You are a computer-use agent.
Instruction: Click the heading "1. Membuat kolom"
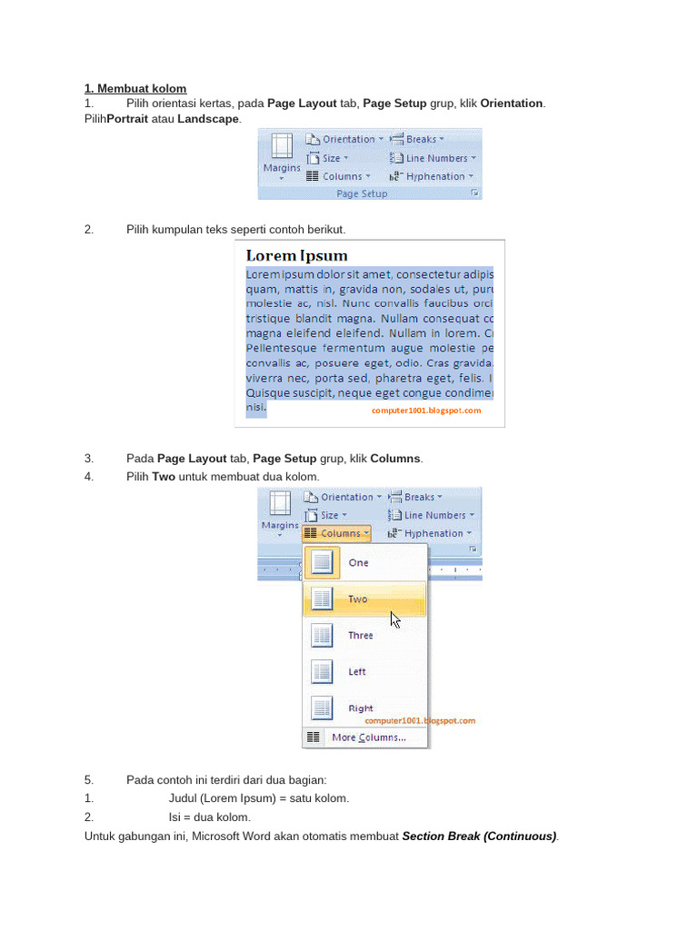[x=135, y=88]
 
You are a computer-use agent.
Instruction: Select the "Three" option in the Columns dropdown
[x=360, y=636]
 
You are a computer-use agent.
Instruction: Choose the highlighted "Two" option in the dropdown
[x=357, y=599]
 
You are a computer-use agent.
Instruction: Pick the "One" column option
[x=358, y=563]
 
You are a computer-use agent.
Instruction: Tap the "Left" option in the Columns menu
[x=357, y=672]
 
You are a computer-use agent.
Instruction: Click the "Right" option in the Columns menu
[x=360, y=708]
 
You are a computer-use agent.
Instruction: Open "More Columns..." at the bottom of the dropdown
[x=368, y=737]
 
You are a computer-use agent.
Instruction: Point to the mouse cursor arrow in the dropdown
[x=394, y=619]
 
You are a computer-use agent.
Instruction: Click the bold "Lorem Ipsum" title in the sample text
[x=297, y=256]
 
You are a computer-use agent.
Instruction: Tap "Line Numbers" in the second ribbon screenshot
[x=434, y=515]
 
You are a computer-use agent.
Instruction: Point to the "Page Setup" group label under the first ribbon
[x=362, y=193]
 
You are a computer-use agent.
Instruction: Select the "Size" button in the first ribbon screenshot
[x=328, y=158]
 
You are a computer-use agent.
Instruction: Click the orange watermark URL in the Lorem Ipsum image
[x=425, y=411]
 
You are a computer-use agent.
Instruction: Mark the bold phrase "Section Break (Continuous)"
[x=479, y=836]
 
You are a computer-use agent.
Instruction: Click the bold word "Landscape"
[x=208, y=119]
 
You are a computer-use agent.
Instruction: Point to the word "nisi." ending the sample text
[x=256, y=409]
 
